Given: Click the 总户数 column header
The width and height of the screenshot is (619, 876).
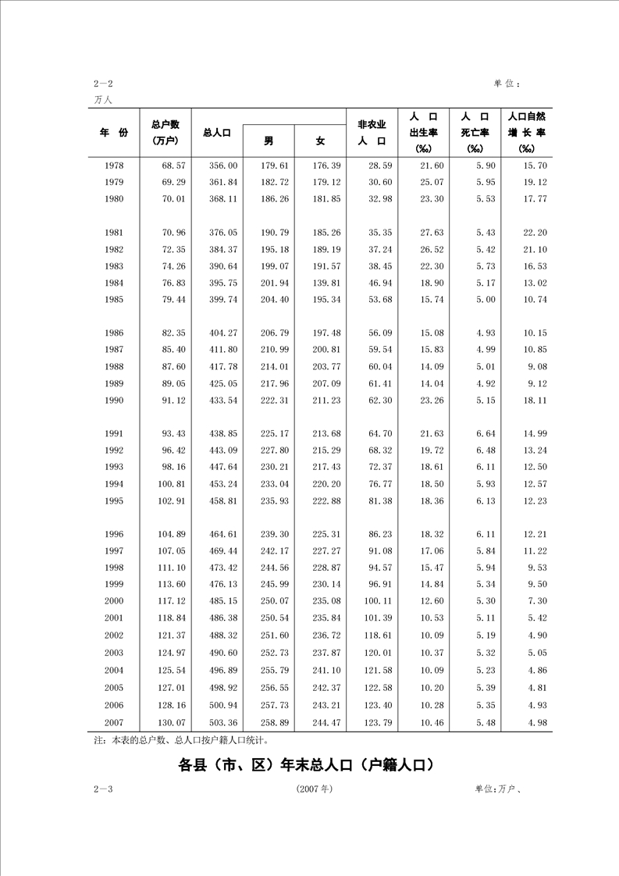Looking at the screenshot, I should (165, 132).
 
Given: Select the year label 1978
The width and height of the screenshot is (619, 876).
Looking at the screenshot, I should (113, 166).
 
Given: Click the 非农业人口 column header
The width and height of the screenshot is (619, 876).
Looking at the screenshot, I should (372, 133).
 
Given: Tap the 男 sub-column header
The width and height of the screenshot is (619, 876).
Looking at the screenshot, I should (268, 141).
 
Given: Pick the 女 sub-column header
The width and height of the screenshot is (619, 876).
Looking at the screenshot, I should (320, 141).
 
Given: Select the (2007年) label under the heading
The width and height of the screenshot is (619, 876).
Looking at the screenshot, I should (315, 789).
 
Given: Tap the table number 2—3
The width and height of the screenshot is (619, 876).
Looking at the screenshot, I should (103, 789).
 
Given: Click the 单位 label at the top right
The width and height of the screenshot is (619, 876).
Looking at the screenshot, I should (507, 83).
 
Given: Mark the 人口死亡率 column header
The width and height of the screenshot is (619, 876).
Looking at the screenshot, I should (475, 132).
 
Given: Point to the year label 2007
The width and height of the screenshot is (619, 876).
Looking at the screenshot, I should (113, 723).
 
